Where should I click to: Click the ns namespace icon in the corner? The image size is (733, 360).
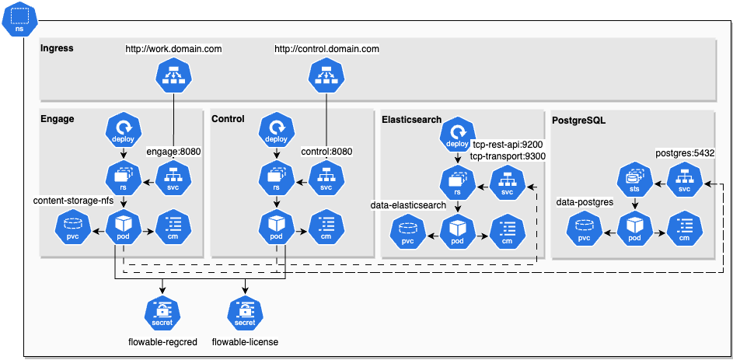point(19,19)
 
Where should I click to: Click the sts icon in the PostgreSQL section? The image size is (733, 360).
point(634,178)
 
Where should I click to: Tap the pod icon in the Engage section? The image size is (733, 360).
point(121,226)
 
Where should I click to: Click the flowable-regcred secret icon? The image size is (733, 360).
point(162,313)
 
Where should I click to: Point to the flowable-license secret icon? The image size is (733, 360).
point(245,313)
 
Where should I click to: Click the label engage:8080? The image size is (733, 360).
point(174,152)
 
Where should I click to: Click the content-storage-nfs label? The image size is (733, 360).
point(73,201)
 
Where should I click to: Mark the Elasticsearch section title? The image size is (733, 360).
point(411,120)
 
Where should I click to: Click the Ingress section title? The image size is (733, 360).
point(57,48)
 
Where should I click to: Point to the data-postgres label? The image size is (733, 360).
point(585,202)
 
